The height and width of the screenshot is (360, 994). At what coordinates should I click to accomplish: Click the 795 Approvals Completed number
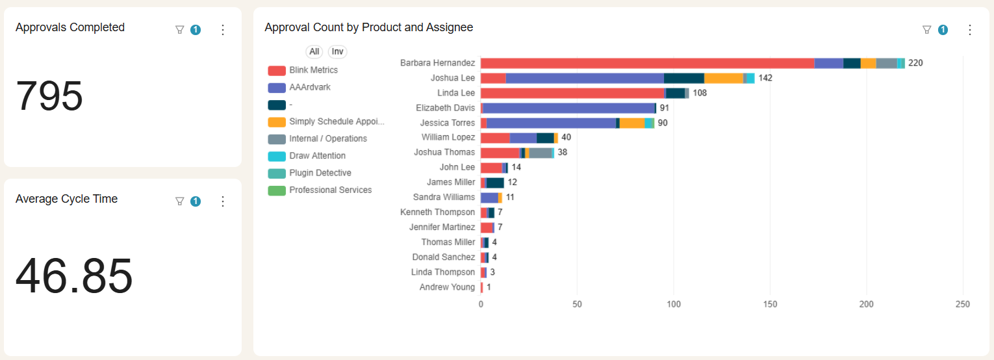(49, 97)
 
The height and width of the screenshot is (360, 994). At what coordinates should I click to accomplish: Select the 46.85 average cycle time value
(74, 276)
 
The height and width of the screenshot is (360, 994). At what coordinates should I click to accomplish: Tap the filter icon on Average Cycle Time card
(180, 201)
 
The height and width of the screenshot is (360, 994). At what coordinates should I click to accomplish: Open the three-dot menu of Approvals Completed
(223, 30)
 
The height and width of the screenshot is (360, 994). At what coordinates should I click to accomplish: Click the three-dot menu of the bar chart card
(970, 30)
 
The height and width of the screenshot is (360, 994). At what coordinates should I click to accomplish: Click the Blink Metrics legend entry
(313, 70)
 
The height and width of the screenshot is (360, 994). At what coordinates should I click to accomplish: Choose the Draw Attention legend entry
(317, 156)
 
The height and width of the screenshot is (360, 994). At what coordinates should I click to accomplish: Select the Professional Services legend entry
(330, 190)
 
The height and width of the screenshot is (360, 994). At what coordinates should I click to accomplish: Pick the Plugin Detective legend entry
(320, 173)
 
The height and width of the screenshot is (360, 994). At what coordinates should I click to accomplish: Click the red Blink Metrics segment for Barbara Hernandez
(647, 63)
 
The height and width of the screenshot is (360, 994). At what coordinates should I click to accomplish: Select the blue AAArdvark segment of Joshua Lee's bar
(585, 78)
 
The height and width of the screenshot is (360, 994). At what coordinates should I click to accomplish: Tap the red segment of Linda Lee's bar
(572, 93)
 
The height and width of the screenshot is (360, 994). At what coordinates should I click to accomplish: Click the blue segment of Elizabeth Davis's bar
(569, 108)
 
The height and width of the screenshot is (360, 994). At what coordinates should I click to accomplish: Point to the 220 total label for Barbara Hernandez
(915, 63)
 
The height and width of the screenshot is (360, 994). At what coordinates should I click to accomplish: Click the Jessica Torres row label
(448, 123)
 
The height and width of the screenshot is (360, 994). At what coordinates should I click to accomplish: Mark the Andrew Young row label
(447, 287)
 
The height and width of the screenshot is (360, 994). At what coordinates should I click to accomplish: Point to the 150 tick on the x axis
(771, 304)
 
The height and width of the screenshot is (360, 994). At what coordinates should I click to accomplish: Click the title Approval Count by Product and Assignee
(368, 27)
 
